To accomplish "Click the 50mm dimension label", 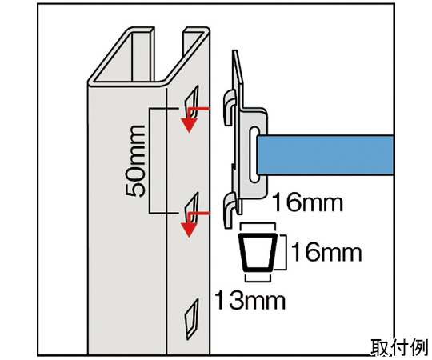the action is click(x=135, y=161).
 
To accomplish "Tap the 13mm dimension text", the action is click(x=250, y=301).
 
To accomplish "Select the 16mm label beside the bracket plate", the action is click(x=307, y=202).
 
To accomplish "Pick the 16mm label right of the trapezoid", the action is click(x=326, y=252).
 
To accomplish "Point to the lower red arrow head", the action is click(x=189, y=230).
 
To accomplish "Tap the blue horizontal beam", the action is click(x=325, y=154).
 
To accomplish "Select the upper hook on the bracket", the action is click(x=230, y=107).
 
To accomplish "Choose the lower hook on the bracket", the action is click(x=230, y=210).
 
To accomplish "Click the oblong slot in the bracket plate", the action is click(x=254, y=154).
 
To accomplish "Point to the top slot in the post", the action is click(x=191, y=101).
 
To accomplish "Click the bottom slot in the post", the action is click(x=192, y=319).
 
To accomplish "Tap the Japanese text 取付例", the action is click(x=399, y=348).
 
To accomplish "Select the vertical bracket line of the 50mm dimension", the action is click(x=150, y=161).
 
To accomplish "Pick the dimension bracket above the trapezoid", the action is click(x=258, y=226).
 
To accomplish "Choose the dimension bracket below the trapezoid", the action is click(x=258, y=278).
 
